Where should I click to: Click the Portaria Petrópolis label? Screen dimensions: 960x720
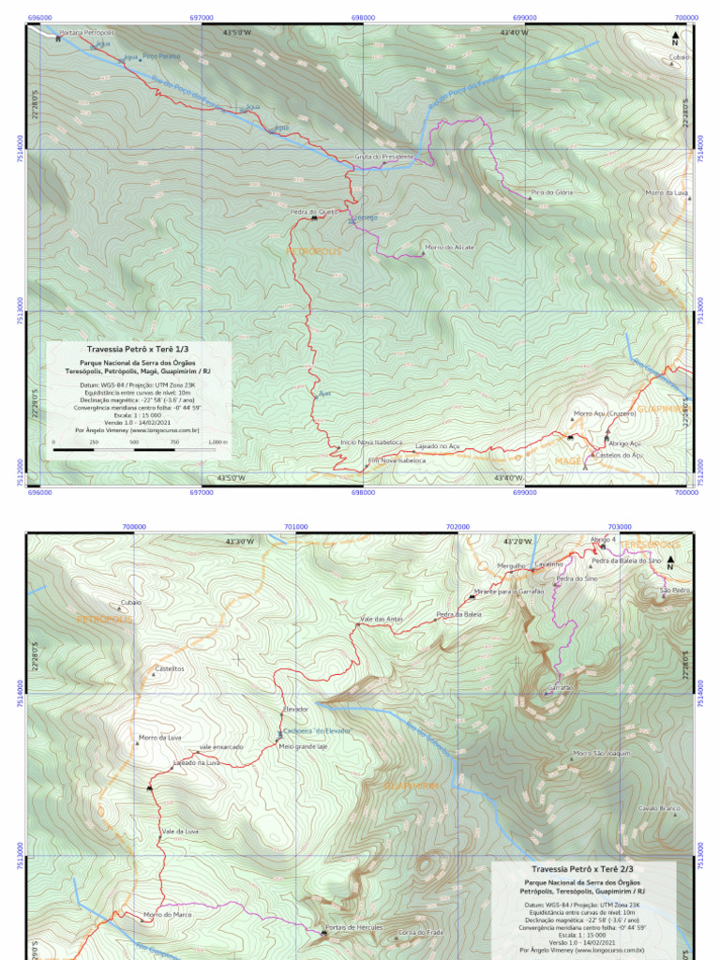[x=86, y=33]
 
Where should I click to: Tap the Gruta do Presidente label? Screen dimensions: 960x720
[x=383, y=157]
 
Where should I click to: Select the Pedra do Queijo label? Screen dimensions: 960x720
[x=313, y=212]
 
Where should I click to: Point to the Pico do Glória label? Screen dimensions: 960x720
[x=551, y=192]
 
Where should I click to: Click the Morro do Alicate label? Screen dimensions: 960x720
[x=450, y=247]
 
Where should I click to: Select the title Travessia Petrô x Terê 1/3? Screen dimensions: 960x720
[x=138, y=348]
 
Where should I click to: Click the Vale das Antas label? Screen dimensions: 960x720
[x=382, y=619]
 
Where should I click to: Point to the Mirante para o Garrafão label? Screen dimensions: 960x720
[x=508, y=592]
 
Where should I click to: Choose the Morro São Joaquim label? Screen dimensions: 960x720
[x=601, y=753]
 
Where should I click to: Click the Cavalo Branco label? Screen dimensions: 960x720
[x=659, y=808]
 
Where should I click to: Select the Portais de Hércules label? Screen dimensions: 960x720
[x=353, y=927]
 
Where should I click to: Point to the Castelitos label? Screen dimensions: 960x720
[x=169, y=669]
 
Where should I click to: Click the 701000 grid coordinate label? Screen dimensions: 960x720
[x=295, y=527]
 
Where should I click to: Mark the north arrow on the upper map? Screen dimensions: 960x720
[x=675, y=37]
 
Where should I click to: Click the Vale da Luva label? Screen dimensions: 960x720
[x=180, y=832]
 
